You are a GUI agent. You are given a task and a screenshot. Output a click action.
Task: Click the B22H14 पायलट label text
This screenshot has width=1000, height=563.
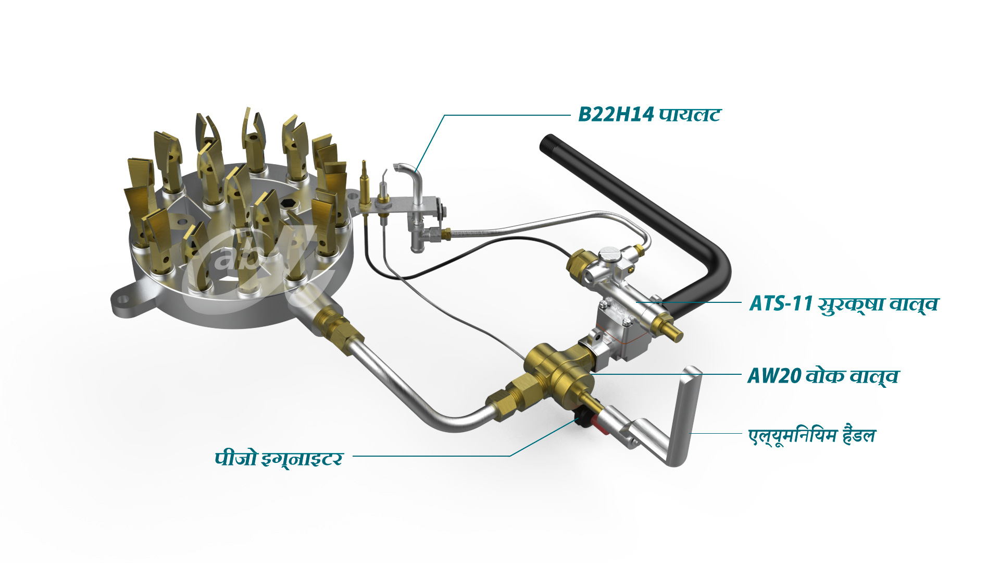coord(649,114)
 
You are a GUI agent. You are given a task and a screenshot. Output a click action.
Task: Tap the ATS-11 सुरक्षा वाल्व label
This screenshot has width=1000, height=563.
coord(843,303)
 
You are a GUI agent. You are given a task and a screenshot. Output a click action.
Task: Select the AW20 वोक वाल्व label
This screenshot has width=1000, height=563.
coord(823,375)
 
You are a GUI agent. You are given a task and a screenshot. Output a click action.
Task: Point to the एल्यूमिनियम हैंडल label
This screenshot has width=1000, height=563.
coord(812,435)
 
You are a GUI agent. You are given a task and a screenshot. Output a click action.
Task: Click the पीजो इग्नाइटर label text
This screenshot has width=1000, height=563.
coord(279,458)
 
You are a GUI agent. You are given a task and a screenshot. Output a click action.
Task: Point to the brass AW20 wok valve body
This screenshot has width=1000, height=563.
coord(560,370)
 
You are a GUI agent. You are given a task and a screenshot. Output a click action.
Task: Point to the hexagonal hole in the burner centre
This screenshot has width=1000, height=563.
coord(288,203)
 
